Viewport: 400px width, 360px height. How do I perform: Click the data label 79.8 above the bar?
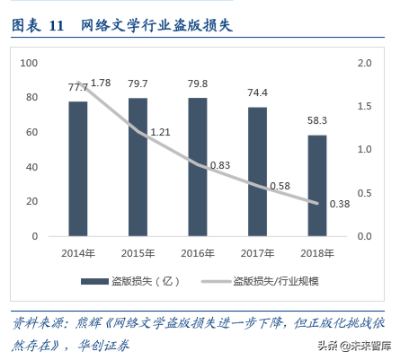(198, 84)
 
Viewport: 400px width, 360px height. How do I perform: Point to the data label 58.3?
(316, 121)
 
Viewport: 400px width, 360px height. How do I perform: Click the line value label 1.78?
(101, 83)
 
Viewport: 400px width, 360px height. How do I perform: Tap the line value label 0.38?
(340, 203)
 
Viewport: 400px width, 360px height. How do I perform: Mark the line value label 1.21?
(161, 132)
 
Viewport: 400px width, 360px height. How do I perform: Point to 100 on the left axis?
(29, 63)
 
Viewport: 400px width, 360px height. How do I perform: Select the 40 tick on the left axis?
(31, 167)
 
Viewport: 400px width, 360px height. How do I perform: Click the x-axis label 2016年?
(198, 251)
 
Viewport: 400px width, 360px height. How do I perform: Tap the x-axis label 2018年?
(316, 251)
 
